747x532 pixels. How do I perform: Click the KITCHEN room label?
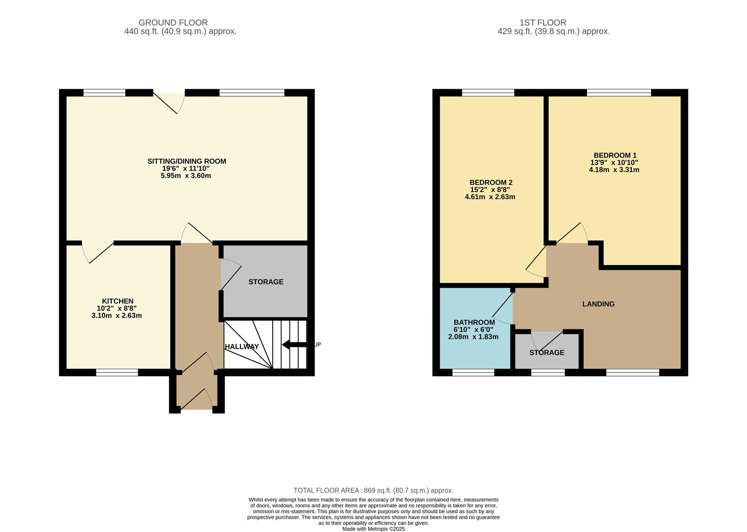[118, 301]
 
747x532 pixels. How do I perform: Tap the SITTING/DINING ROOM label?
[187, 161]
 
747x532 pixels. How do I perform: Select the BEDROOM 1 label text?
[615, 155]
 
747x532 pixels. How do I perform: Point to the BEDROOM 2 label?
[491, 182]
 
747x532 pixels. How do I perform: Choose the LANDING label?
[598, 304]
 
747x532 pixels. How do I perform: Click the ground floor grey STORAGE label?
[266, 282]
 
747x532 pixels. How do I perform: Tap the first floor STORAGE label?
[547, 353]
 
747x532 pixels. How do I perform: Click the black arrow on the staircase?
[294, 345]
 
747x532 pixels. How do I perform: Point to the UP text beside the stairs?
[317, 345]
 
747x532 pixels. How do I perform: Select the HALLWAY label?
[242, 347]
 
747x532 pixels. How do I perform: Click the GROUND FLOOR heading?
[173, 23]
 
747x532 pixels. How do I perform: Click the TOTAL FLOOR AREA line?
[373, 490]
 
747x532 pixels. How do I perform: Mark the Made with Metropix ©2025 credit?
[373, 529]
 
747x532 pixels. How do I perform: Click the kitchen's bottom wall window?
[117, 372]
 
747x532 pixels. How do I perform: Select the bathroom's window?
[473, 372]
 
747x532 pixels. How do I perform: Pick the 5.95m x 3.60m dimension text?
[186, 176]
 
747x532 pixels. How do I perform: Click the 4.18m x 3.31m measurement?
[614, 170]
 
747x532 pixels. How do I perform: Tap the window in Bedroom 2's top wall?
[488, 93]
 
